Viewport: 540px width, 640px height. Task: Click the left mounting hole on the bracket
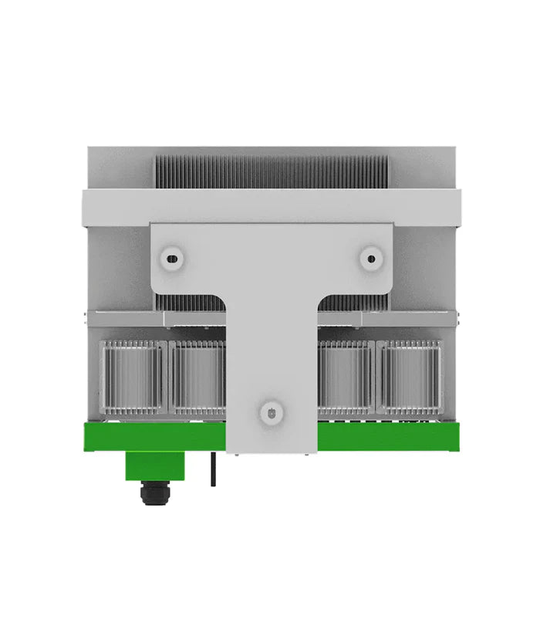pos(171,257)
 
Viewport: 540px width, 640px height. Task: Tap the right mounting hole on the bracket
pos(371,257)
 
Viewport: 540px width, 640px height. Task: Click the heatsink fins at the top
pos(271,172)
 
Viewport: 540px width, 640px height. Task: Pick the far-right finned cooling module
pos(410,379)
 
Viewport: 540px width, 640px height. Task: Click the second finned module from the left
pos(197,379)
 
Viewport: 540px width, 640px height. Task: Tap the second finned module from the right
pos(346,379)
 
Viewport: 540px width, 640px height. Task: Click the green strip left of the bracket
pos(154,437)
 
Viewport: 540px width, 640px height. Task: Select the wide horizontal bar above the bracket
pos(271,207)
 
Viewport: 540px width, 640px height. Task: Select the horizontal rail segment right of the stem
pos(386,319)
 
